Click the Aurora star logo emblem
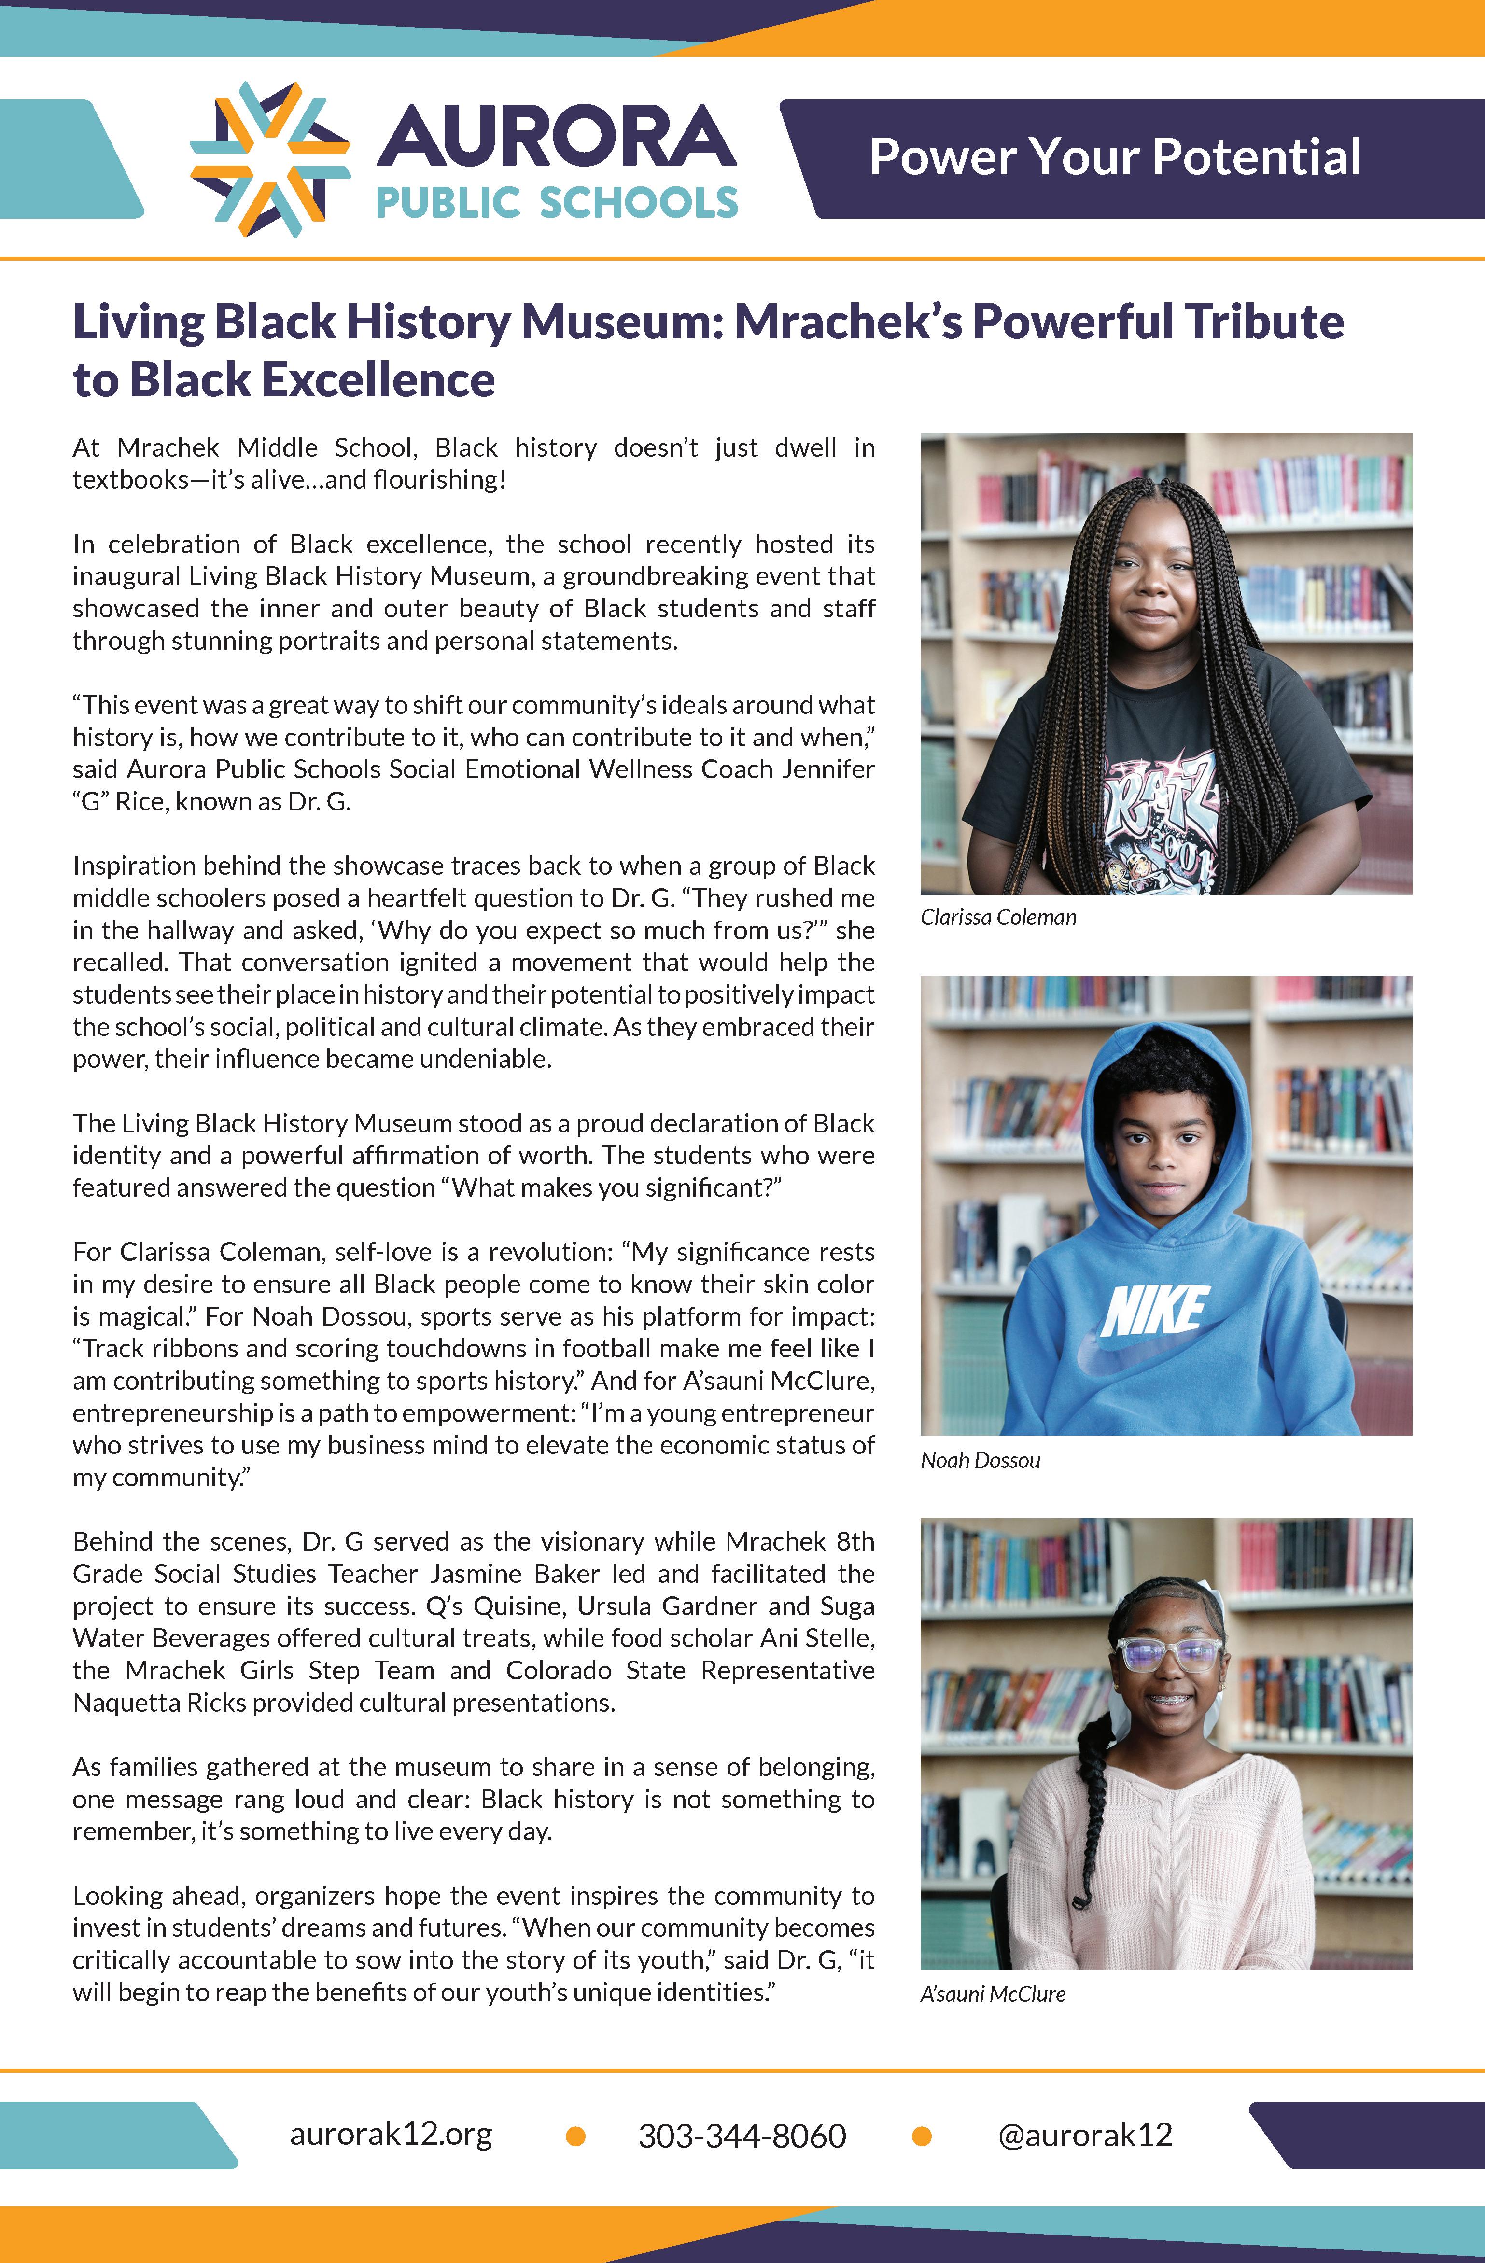270,159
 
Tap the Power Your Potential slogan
1114,158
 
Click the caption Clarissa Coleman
998,918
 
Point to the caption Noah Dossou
980,1461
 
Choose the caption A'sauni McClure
993,1994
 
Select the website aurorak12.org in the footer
391,2135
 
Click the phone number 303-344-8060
742,2136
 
